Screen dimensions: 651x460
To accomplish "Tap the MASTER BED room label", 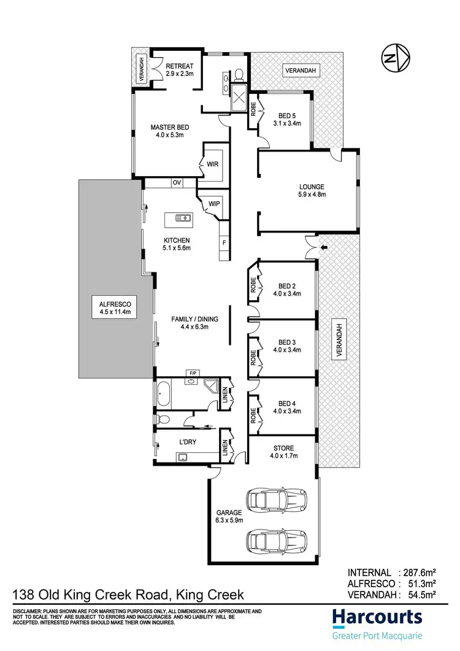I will click(170, 128).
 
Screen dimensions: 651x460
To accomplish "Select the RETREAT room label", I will click(180, 66).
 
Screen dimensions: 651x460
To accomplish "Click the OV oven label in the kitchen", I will click(177, 182).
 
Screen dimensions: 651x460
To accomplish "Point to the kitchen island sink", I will click(183, 218).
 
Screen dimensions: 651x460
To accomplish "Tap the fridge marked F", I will click(224, 243).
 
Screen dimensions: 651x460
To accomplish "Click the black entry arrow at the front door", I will click(325, 247).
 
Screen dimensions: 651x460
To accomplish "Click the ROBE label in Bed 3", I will click(253, 358).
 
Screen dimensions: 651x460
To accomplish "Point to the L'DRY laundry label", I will click(188, 441).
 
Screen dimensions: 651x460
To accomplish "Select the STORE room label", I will click(283, 448).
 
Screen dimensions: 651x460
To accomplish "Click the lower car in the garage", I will click(276, 541).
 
